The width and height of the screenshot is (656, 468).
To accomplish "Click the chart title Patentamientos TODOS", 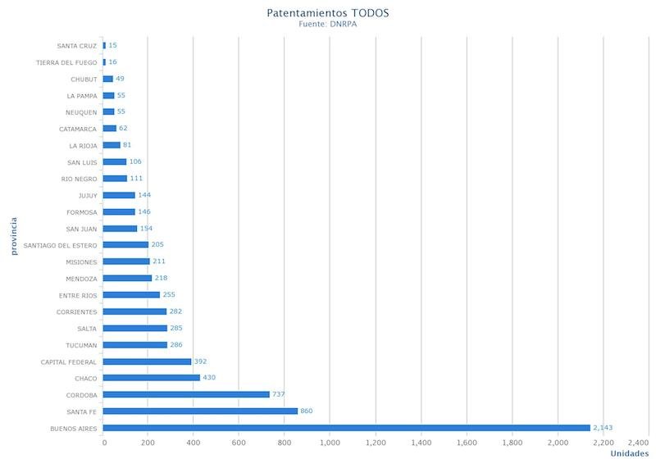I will click(x=328, y=13).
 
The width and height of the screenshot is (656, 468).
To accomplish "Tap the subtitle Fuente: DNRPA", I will click(x=328, y=25).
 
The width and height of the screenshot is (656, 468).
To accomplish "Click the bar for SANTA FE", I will click(x=200, y=411).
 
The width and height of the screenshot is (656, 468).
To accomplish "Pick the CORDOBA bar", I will click(x=186, y=394).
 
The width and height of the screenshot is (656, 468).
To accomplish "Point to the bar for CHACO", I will click(x=152, y=378).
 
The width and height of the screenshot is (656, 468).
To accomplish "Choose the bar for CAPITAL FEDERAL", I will click(x=148, y=361).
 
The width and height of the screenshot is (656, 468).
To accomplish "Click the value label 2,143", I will click(x=603, y=428).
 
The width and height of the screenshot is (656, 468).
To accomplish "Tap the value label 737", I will click(x=279, y=394).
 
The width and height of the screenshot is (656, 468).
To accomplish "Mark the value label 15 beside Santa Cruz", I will click(x=112, y=45).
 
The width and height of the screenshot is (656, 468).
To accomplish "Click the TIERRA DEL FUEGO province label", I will click(x=67, y=62).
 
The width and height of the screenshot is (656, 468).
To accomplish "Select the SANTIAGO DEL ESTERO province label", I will click(x=61, y=245).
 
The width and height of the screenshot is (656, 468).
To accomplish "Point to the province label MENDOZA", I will click(x=81, y=279).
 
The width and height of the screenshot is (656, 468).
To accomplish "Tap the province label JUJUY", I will click(x=88, y=195).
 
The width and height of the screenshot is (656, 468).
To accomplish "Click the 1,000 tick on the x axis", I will click(x=330, y=443).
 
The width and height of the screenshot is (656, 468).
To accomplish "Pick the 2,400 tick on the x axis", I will click(x=638, y=443).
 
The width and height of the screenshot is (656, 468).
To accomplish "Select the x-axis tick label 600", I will click(x=239, y=443).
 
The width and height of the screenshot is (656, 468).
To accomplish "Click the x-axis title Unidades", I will click(x=630, y=454).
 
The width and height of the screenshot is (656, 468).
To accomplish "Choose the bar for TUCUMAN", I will click(x=135, y=345).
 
